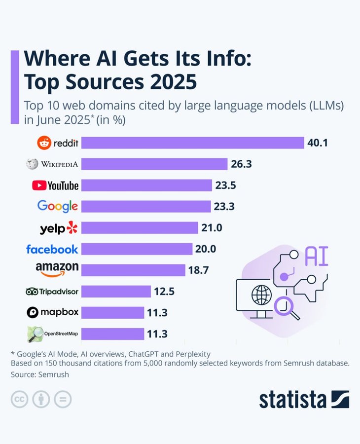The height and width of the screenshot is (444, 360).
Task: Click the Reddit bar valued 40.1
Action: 192,143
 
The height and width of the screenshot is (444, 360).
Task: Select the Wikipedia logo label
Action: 53,164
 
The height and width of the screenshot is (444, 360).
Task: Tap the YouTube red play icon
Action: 38,185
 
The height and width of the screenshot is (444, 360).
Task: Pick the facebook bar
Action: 137,249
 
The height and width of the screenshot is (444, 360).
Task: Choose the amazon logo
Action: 57,269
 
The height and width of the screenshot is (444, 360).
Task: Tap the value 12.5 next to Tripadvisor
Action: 164,292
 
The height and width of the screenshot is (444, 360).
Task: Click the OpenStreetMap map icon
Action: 35,334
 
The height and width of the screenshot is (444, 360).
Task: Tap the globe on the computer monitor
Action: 261,296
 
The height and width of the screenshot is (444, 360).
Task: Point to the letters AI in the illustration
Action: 317,257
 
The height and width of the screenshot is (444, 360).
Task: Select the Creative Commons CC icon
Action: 19,399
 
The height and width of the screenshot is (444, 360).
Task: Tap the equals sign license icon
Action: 63,399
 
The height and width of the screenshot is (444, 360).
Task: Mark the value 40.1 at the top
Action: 318,143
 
